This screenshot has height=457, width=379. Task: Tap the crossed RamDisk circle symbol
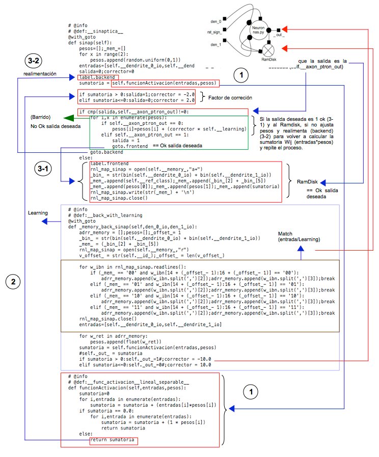pyautogui.click(x=268, y=50)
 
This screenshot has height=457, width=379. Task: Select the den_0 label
pyautogui.click(x=216, y=22)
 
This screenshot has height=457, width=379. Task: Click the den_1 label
pyautogui.click(x=216, y=44)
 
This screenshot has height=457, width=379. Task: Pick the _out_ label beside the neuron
pyautogui.click(x=279, y=35)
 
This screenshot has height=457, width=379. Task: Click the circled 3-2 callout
pyautogui.click(x=35, y=61)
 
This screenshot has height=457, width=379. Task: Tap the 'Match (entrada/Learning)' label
pyautogui.click(x=296, y=236)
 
